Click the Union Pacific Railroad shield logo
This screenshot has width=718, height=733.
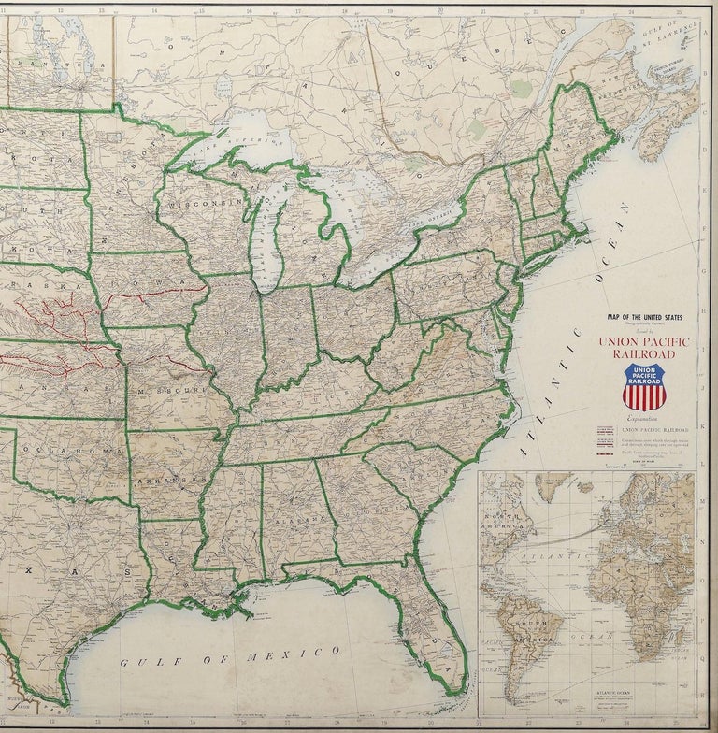point(644,386)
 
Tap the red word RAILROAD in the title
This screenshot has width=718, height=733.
point(643,354)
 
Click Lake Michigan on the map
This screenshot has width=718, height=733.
point(268,234)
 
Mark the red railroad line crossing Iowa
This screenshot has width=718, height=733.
point(150,295)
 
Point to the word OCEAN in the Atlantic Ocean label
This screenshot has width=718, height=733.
point(597,280)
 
